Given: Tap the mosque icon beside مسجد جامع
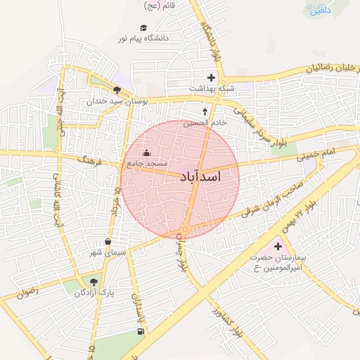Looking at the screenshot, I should [x=146, y=153].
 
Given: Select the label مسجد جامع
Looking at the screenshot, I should [x=144, y=163].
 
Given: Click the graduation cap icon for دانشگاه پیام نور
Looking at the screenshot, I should [x=143, y=28].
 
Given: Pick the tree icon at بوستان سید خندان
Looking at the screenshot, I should [x=117, y=89].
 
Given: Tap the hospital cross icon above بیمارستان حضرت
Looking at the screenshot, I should [x=278, y=246].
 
